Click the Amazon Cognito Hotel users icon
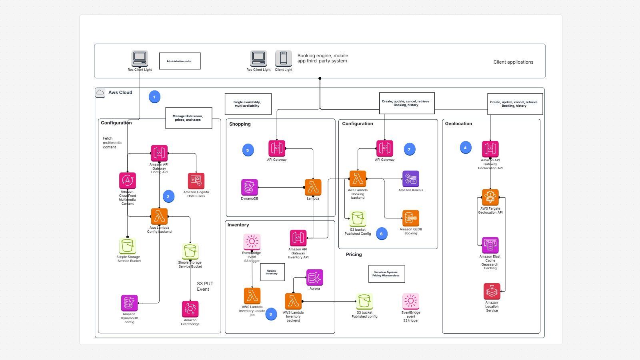[x=196, y=181]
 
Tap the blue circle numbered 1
[x=154, y=97]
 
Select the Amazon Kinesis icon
[x=410, y=179]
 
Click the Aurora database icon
[x=314, y=277]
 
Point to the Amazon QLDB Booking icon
[x=410, y=218]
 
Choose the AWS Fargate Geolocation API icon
[x=490, y=197]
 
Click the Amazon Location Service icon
[x=492, y=292]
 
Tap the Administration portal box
[x=180, y=61]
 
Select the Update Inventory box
[x=272, y=272]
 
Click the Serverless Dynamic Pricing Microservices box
[x=386, y=274]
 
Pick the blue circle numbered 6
[x=382, y=234]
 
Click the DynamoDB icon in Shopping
[x=249, y=187]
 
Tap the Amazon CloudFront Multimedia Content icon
[x=127, y=180]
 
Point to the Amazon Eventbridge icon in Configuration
[x=190, y=309]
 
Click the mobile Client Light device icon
[x=283, y=58]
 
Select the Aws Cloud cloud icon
[x=100, y=92]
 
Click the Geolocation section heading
[x=458, y=124]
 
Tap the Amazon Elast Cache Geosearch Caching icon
[x=490, y=245]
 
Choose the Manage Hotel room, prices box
[x=188, y=118]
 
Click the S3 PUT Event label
[x=205, y=286]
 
